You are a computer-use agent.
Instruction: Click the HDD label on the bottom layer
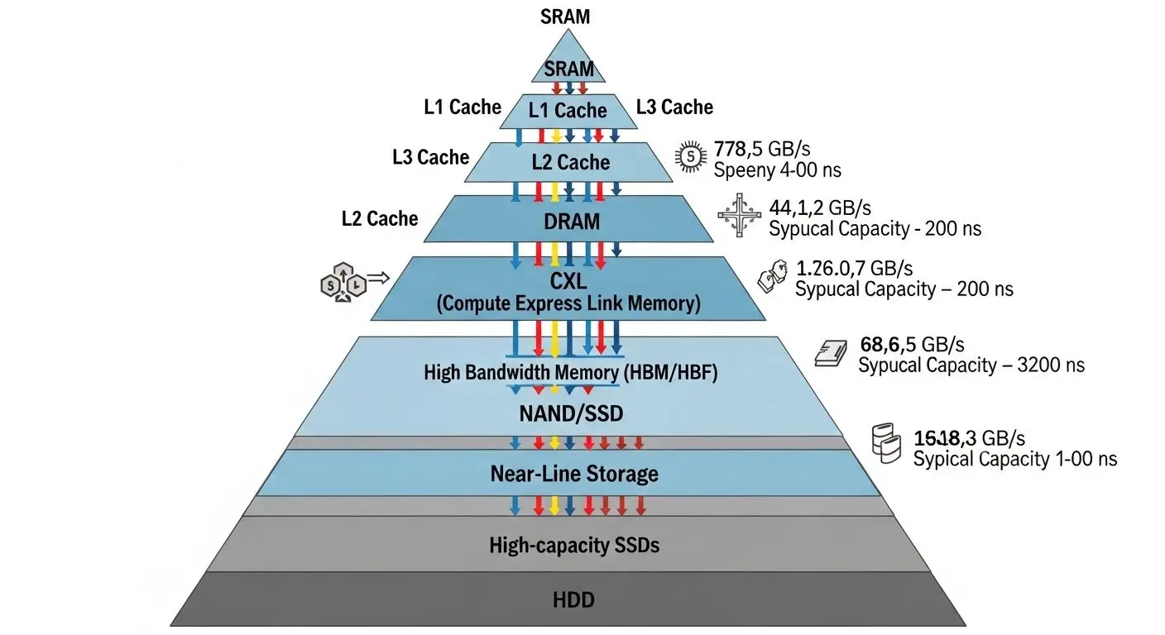click(x=573, y=599)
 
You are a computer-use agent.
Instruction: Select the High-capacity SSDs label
click(x=574, y=545)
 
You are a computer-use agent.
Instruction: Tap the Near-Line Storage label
click(x=574, y=474)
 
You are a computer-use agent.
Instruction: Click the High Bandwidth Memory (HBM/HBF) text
click(x=570, y=372)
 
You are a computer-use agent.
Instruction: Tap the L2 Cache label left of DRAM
click(x=380, y=218)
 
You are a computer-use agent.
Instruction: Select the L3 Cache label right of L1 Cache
click(x=674, y=107)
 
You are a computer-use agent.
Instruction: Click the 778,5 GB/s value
click(x=761, y=150)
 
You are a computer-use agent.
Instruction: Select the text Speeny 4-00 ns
click(x=778, y=170)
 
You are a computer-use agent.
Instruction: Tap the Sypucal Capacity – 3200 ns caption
click(x=971, y=365)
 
